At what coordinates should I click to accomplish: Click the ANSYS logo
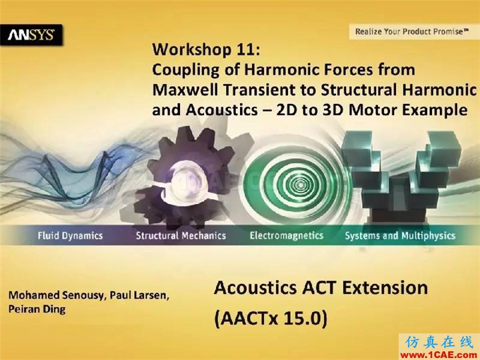tap(31, 35)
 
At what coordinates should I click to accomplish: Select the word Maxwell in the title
tap(186, 90)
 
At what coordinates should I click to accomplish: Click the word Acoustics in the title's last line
tap(221, 110)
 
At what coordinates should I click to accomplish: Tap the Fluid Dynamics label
tap(70, 235)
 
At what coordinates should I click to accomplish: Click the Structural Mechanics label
tap(181, 235)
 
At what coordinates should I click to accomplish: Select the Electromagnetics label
tap(287, 235)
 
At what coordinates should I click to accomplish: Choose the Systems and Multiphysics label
tap(400, 235)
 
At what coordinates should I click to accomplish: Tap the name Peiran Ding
tap(37, 309)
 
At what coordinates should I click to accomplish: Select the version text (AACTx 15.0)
tap(271, 319)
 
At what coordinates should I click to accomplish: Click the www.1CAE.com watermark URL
tap(439, 355)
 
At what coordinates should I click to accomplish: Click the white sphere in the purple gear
tap(184, 181)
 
